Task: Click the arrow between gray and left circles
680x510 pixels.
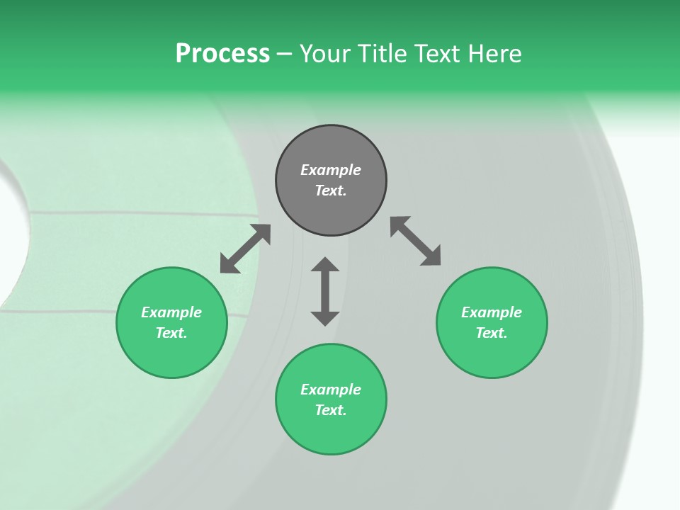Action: (x=245, y=249)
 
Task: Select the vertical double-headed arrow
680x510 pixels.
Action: (x=325, y=291)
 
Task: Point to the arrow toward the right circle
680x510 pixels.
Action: (x=416, y=241)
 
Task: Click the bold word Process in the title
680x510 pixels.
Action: (x=222, y=54)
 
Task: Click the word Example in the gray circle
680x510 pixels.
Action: (x=331, y=170)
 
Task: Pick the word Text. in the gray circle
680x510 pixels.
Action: (x=331, y=191)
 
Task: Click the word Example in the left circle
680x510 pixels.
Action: (x=171, y=312)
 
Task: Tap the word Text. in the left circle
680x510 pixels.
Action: (x=171, y=333)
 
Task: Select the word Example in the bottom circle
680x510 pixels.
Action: (x=331, y=390)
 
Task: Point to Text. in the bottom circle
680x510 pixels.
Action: (x=331, y=410)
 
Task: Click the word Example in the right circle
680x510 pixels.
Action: (x=492, y=312)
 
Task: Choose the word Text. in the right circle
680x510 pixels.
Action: (x=492, y=333)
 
